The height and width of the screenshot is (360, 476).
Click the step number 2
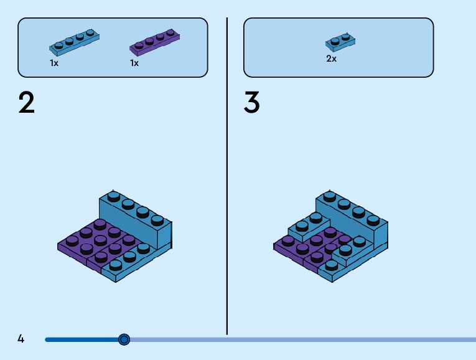pos(27,103)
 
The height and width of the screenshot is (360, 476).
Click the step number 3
pos(251,103)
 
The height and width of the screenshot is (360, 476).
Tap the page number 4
pos(21,339)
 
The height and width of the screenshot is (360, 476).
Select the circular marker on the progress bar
pos(124,339)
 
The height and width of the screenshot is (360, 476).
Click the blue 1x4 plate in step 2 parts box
pos(75,41)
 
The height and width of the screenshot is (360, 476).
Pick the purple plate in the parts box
pos(155,42)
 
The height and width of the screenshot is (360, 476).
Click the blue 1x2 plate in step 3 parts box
pos(340,42)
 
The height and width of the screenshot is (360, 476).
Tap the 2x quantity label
pos(331,59)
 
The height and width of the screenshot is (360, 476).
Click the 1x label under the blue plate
pos(55,64)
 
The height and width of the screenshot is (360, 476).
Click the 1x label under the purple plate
pos(134,64)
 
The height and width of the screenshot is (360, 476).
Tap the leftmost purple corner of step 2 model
pos(62,245)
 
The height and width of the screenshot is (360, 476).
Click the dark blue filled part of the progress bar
pos(81,339)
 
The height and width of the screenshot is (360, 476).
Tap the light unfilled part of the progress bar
pos(299,339)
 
